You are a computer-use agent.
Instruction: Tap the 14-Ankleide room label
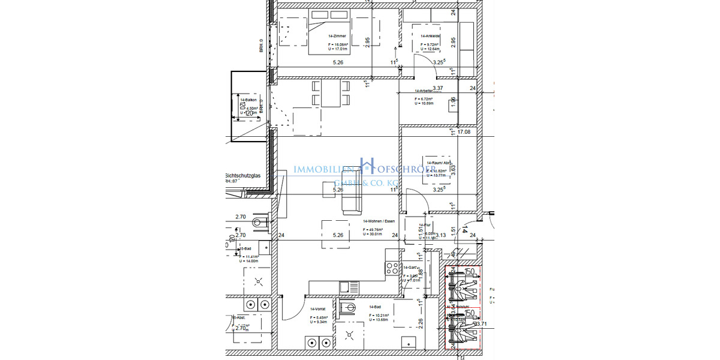(430, 36)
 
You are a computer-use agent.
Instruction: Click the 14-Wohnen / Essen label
(379, 221)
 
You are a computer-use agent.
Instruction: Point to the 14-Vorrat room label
(318, 308)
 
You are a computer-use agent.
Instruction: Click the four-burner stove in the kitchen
(392, 268)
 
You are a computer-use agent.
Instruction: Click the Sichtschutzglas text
(243, 176)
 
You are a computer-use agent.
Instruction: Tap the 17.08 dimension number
(464, 132)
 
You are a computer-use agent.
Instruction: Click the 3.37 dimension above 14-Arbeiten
(438, 88)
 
